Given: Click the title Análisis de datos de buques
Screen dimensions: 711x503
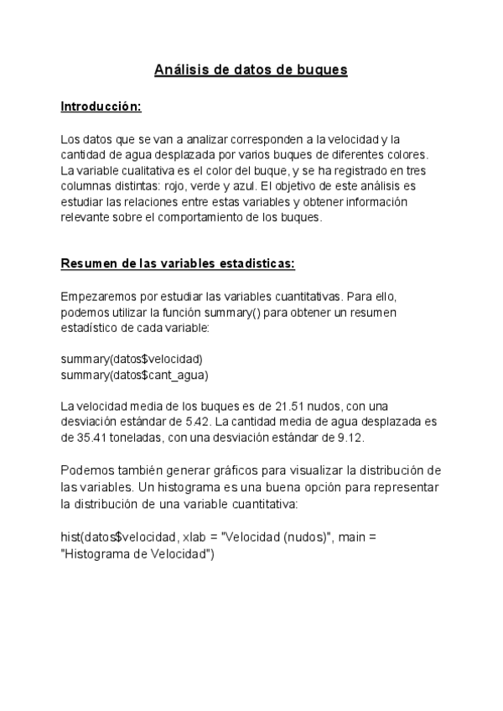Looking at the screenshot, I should tap(251, 70).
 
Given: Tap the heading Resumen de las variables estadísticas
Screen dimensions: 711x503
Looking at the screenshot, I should tap(178, 263).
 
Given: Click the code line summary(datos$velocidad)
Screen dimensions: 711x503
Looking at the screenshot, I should tap(132, 359).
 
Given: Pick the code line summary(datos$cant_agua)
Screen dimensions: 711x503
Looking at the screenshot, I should tap(134, 375).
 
